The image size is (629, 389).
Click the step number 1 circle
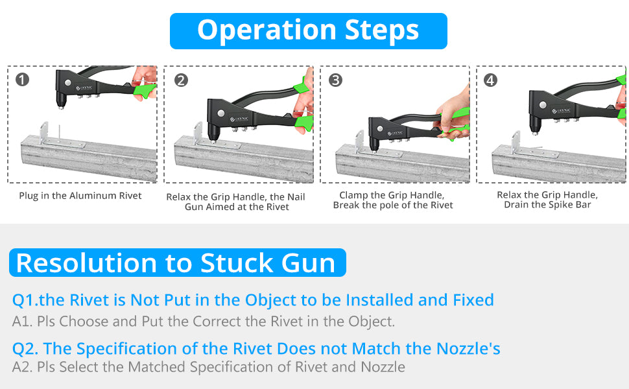click(23, 79)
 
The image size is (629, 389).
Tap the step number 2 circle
click(181, 80)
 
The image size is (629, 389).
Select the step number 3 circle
click(335, 80)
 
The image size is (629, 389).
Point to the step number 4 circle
click(490, 80)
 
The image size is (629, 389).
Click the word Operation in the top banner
click(267, 31)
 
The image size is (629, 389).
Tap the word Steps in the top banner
click(381, 31)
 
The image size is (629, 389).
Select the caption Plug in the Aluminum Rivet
click(80, 196)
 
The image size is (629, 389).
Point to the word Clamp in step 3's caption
click(353, 195)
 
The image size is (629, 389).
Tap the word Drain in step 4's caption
click(517, 204)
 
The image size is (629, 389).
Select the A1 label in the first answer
click(21, 321)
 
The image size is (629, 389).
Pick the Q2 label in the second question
click(25, 349)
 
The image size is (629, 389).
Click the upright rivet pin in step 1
click(59, 133)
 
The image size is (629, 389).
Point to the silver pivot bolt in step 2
click(220, 113)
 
